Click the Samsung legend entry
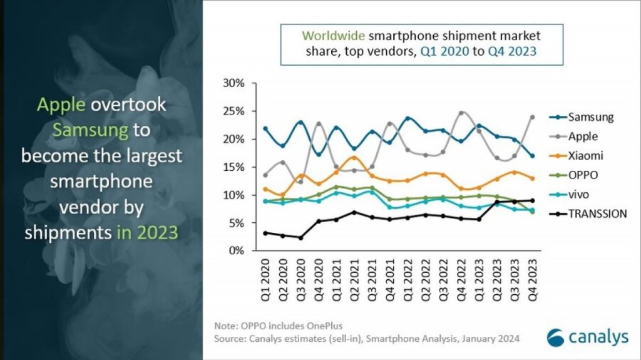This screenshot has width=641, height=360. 590,117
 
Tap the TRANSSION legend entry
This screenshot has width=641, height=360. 597,213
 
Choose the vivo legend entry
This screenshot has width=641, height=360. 580,194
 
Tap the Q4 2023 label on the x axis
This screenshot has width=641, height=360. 532,276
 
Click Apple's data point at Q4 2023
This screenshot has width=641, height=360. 532,117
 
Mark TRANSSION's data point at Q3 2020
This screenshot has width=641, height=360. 300,238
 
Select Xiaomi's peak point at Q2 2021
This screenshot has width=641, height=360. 354,157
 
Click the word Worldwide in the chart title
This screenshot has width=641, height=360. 332,36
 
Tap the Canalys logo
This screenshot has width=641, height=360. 587,337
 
